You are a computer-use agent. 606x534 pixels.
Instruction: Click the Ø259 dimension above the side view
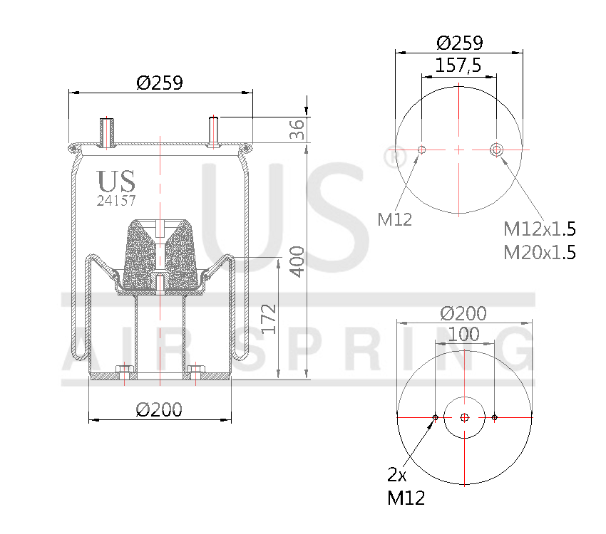click(x=160, y=83)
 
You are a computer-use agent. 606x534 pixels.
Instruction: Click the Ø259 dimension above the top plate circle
click(x=459, y=43)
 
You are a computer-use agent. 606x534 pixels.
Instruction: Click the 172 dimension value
click(x=268, y=318)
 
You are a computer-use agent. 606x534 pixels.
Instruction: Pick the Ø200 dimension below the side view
click(x=159, y=409)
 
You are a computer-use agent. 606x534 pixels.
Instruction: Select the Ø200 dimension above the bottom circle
click(x=463, y=313)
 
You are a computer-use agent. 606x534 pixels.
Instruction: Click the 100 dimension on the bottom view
click(x=464, y=333)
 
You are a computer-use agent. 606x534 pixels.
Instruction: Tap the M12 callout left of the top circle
click(x=395, y=219)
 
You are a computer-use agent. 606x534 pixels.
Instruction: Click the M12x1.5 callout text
click(x=539, y=229)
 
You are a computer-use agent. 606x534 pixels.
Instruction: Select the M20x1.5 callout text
click(x=539, y=252)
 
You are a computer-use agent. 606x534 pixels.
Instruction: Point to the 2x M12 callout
click(x=405, y=486)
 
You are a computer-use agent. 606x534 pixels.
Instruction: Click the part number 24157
click(x=116, y=201)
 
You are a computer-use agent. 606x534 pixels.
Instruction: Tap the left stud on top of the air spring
click(x=108, y=132)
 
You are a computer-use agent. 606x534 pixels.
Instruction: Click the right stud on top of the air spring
click(x=213, y=132)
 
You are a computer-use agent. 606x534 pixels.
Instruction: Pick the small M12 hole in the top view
click(x=421, y=150)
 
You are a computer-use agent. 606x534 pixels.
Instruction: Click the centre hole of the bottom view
click(x=464, y=417)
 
